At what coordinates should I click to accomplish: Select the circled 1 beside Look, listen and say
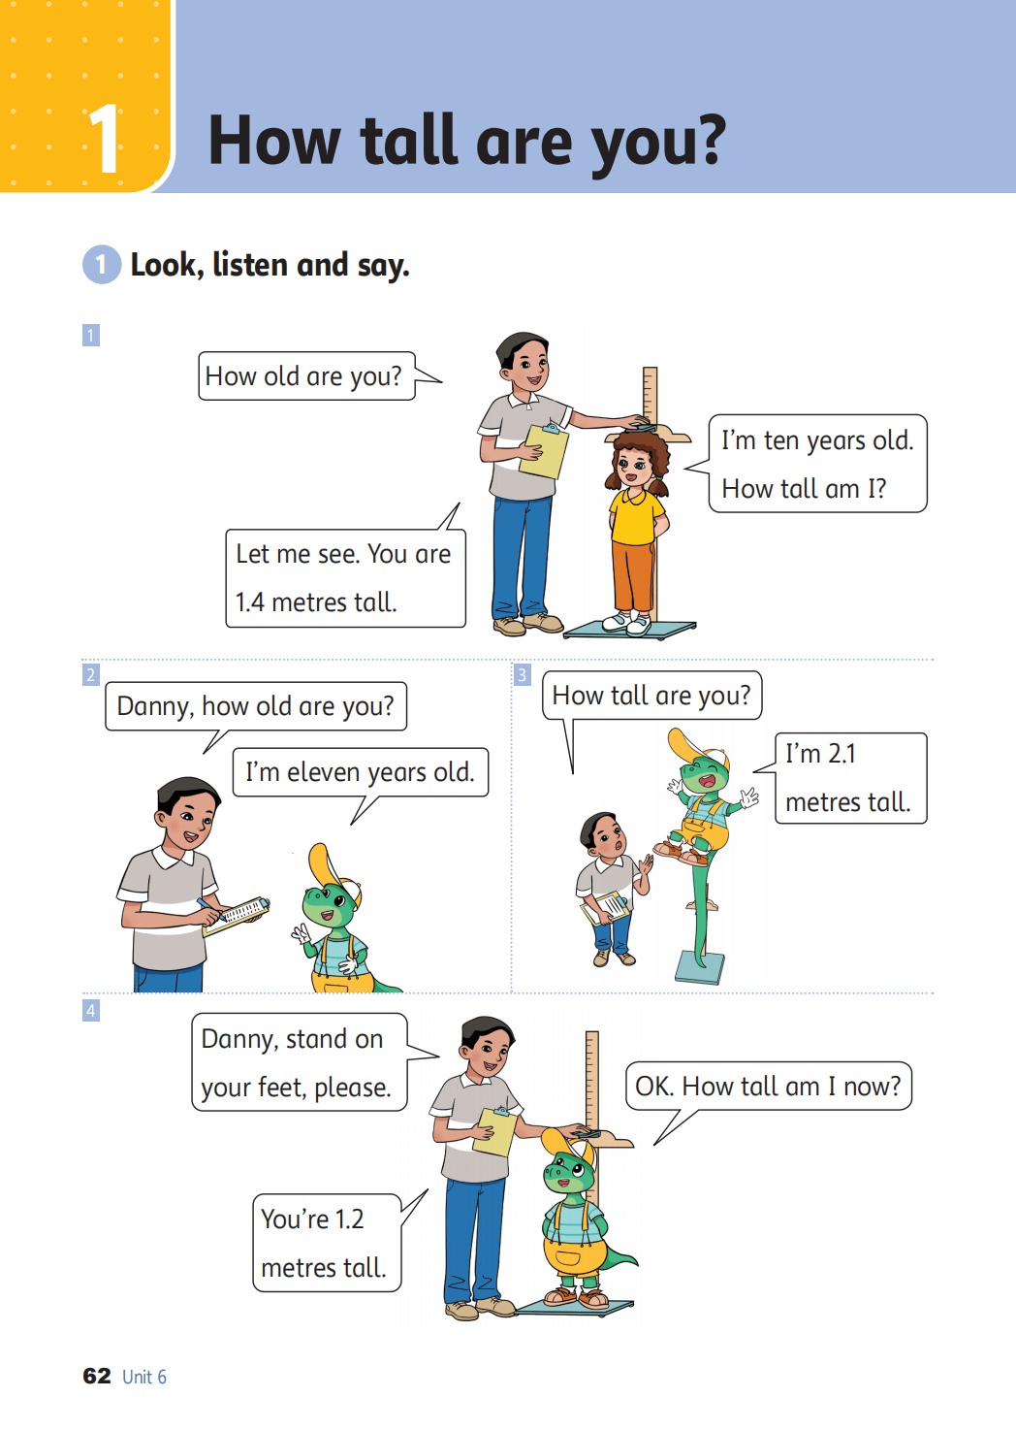click(102, 264)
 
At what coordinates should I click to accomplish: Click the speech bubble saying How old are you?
click(306, 376)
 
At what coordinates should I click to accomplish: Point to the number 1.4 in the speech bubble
click(249, 602)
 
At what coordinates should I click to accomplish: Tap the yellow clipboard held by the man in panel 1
click(543, 451)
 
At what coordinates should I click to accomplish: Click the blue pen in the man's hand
click(209, 907)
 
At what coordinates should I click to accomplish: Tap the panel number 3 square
click(523, 675)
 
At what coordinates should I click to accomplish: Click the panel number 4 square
click(91, 1011)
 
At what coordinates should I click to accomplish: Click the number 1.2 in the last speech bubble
click(348, 1219)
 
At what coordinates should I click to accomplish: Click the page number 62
click(97, 1376)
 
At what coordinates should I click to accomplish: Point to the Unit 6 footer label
click(144, 1377)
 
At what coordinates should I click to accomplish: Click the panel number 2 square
click(91, 675)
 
